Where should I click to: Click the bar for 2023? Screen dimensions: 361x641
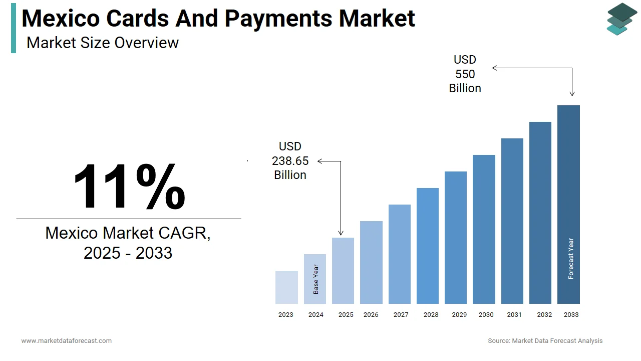tap(286, 287)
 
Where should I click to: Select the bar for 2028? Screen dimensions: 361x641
tap(428, 246)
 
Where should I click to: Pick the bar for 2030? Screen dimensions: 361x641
tap(484, 229)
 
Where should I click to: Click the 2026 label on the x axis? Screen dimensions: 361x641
tap(371, 315)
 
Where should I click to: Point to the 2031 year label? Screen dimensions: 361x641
tap(514, 315)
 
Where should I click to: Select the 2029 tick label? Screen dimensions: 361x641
tap(459, 315)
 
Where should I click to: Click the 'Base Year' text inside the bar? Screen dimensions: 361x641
tap(315, 279)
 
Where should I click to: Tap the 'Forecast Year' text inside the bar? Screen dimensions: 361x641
tap(571, 259)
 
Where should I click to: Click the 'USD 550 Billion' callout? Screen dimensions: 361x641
tap(465, 74)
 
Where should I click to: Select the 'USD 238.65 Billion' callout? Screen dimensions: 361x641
tap(290, 160)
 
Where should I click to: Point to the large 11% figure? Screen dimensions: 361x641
tap(129, 187)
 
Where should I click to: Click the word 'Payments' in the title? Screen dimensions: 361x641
tap(278, 19)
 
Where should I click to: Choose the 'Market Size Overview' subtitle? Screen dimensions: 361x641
tap(103, 43)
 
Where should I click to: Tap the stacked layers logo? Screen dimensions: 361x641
tap(621, 19)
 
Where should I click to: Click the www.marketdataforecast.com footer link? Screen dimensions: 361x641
tap(67, 341)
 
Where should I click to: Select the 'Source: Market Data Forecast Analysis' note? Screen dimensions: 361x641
tap(545, 341)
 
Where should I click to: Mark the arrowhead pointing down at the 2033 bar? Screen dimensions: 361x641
tap(572, 93)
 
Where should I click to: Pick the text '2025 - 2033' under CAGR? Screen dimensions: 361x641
tap(128, 253)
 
